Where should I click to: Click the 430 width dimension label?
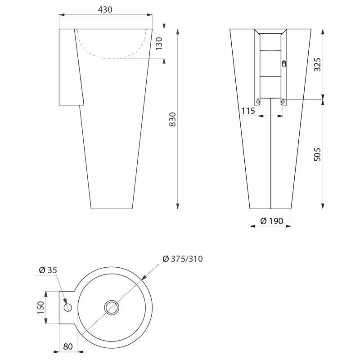tap(105, 9)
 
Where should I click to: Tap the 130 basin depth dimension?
tap(159, 44)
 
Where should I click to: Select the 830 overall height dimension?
tap(172, 119)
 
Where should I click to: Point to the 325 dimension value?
tap(317, 64)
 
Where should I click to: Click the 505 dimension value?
tap(317, 154)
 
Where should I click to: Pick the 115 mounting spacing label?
tap(248, 111)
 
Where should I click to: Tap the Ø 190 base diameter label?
tap(272, 221)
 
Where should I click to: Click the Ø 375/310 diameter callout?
tap(183, 259)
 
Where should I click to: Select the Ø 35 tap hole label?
tap(48, 270)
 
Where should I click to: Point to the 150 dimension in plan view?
tap(40, 308)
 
